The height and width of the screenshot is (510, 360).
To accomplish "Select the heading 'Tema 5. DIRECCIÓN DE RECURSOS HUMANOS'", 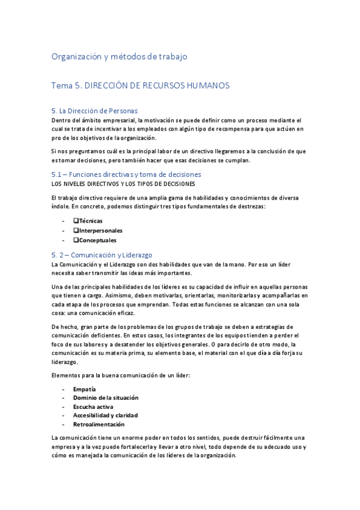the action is point(141,86).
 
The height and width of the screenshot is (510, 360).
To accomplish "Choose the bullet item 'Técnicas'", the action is point(90,221).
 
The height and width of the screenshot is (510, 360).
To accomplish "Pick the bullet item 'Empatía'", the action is point(84,389).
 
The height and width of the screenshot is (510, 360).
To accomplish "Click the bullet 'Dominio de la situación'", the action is point(105,398).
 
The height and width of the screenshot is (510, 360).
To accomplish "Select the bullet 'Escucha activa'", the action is point(93,406).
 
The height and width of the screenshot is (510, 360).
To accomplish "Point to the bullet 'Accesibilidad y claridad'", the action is point(105,415).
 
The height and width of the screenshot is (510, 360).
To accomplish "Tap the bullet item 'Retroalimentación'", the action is point(99,423).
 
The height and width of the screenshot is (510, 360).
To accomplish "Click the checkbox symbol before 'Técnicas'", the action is point(76,221).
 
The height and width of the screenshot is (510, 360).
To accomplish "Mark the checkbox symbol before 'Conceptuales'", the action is point(76,240).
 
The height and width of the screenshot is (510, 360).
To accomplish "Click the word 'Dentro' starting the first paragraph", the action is point(61,120).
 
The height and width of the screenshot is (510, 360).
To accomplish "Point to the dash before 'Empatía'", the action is point(63,389).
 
